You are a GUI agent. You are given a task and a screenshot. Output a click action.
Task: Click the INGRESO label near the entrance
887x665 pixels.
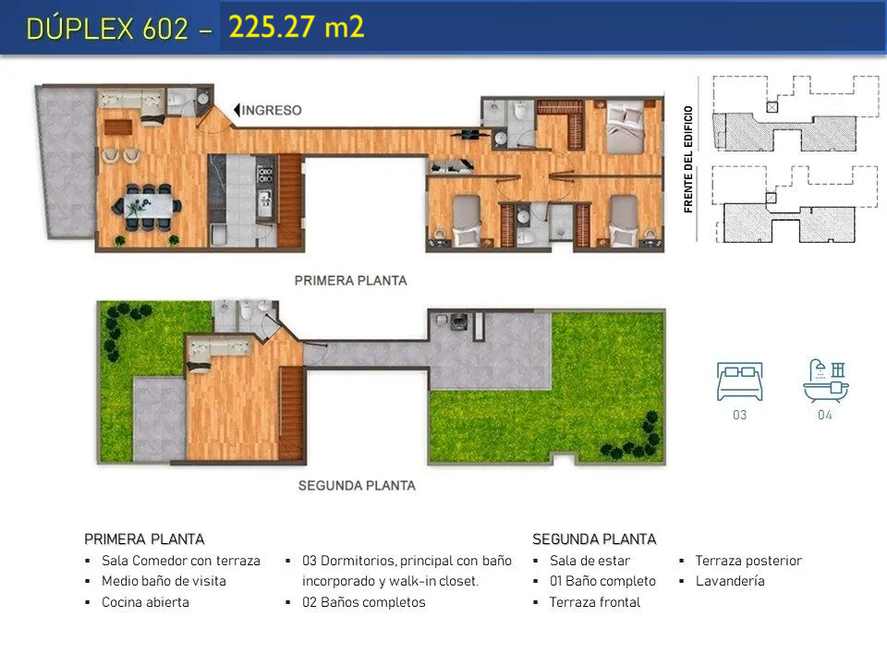pos(272,110)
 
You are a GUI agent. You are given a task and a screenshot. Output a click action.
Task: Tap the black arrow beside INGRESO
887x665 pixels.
pos(237,110)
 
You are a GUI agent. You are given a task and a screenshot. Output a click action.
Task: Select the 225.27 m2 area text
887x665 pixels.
pos(297,27)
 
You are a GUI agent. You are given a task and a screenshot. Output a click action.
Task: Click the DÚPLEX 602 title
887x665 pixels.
pos(107,28)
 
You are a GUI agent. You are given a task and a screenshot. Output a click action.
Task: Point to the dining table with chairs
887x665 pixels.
pos(148,207)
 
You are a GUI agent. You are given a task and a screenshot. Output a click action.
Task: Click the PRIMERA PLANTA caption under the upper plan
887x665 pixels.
pos(351,281)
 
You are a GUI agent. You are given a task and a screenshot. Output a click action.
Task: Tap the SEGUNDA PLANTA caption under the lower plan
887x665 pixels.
pos(357,486)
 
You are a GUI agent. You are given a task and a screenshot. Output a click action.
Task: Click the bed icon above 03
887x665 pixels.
pos(739,381)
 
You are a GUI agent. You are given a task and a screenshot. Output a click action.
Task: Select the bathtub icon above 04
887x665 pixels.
pos(826,381)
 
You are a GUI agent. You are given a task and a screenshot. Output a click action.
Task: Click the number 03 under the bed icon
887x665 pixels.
pos(739,415)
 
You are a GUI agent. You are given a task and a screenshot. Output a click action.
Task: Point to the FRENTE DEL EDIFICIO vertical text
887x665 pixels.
pos(687,160)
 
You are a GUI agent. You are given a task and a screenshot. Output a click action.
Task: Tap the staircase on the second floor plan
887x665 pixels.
pos(291,413)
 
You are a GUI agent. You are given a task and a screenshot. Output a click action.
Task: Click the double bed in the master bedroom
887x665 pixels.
pos(625,127)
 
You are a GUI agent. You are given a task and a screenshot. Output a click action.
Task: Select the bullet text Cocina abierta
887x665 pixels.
pos(145,602)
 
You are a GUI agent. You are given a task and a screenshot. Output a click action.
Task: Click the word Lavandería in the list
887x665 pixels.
pos(730,581)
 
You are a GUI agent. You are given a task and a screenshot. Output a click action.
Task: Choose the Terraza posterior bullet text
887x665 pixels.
pos(748,561)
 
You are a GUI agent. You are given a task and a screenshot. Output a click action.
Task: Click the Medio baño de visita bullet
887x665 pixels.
pos(164,581)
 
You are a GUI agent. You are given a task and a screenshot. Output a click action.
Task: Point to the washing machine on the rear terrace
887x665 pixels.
pos(457,321)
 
